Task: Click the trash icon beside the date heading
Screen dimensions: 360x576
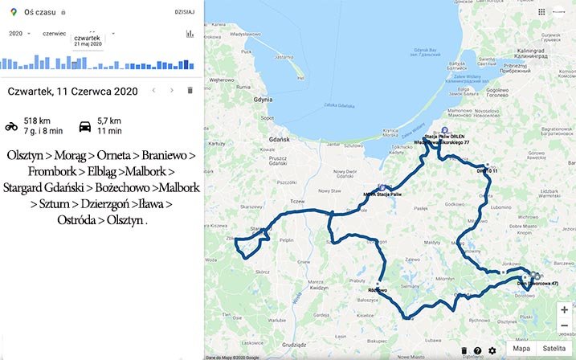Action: [190, 91]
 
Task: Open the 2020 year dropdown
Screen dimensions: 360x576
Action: [18, 34]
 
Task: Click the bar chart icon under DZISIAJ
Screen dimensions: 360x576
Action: [190, 34]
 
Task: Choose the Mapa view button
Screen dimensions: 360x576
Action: [521, 349]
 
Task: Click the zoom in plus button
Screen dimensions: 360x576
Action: [565, 309]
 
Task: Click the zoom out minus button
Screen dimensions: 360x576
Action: [565, 325]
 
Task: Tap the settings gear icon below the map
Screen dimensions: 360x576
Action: [492, 350]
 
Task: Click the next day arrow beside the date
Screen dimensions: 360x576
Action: [171, 91]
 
